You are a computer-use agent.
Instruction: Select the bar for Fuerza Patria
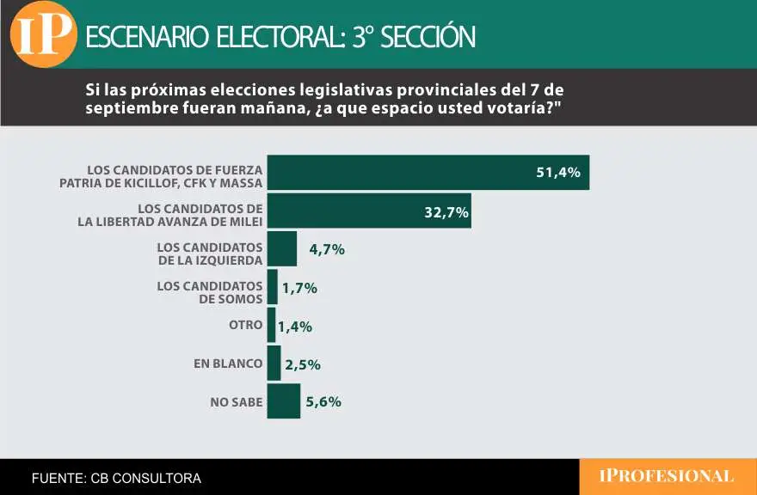[428, 172]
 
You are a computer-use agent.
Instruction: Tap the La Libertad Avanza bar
[369, 211]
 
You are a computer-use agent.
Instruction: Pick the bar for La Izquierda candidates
[281, 248]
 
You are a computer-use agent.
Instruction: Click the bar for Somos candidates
[272, 287]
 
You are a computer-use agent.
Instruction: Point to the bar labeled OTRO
[271, 325]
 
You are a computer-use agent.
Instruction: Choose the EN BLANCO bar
[274, 363]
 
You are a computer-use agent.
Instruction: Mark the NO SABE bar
[283, 400]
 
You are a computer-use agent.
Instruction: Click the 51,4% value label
[558, 173]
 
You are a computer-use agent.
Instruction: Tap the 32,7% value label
[446, 211]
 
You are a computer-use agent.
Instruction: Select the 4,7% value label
[327, 250]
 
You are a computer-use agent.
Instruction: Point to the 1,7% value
[299, 288]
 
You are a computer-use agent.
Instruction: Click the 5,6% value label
[323, 401]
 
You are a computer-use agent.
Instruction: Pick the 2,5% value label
[302, 364]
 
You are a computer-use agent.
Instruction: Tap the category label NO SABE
[236, 401]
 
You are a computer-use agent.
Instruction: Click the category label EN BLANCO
[228, 364]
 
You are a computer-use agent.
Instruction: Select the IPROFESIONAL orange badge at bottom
[667, 476]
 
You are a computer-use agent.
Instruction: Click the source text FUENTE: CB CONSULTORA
[116, 478]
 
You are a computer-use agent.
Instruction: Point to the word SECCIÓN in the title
[426, 37]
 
